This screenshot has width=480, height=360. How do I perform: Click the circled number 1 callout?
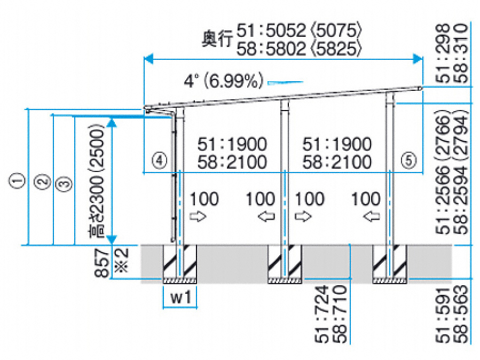[18, 181]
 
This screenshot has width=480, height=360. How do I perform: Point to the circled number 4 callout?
[160, 160]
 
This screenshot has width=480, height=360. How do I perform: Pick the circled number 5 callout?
[409, 160]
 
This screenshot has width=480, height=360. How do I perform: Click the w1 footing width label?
[180, 297]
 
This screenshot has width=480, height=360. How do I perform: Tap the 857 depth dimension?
[103, 263]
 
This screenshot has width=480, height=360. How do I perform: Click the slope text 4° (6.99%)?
[224, 80]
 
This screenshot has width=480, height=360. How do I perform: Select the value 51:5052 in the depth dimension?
[271, 30]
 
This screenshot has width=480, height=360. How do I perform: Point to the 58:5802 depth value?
[271, 49]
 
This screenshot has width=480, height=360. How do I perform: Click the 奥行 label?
[217, 39]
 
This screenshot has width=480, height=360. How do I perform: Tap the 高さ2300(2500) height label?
[96, 181]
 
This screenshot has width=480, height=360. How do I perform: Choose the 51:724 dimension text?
[322, 314]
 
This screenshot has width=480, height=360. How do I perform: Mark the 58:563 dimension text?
[461, 314]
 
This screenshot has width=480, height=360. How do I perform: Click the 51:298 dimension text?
[443, 53]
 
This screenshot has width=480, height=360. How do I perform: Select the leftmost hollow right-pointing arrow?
[198, 217]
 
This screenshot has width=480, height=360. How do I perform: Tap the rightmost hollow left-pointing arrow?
[371, 217]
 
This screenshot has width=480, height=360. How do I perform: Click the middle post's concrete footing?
[285, 264]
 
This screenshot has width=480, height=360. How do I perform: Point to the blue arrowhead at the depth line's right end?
[418, 58]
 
